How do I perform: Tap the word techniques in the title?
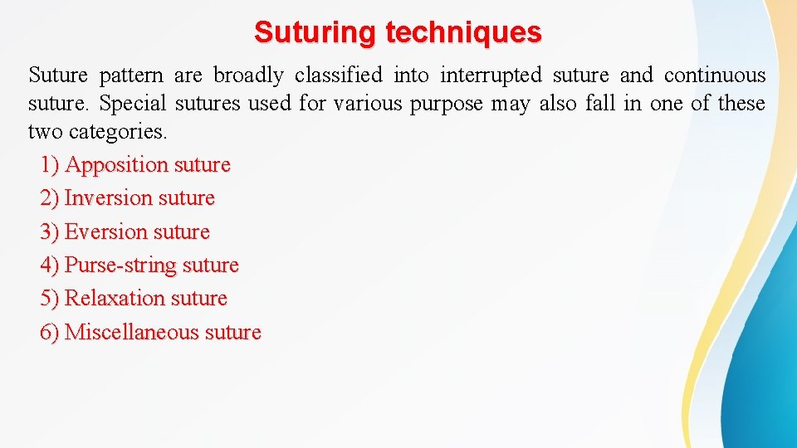[x=463, y=32]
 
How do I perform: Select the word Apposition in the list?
[x=117, y=165]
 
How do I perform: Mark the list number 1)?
[x=50, y=165]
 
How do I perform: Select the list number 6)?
[x=50, y=332]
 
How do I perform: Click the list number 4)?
[x=50, y=265]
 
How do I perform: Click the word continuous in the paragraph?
[x=715, y=75]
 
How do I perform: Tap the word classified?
[x=339, y=75]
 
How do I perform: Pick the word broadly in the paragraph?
[x=248, y=75]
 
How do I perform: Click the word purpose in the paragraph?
[x=452, y=105]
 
